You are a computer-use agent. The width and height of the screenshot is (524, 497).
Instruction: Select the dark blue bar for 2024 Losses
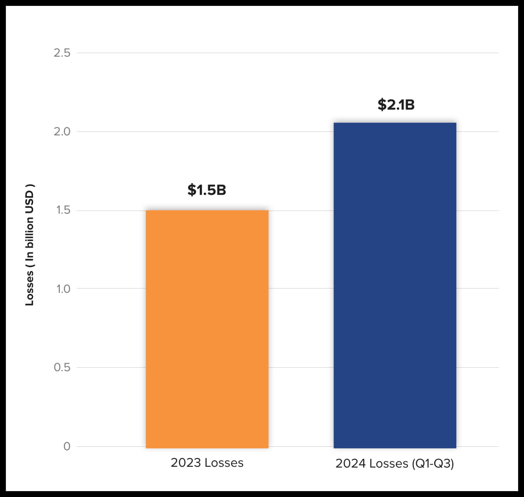tap(395, 285)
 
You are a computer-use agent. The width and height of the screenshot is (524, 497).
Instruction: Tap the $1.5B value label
tap(207, 190)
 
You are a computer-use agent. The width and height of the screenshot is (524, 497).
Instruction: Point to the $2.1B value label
tap(396, 104)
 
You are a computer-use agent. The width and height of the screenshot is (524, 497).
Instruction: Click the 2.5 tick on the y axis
tap(62, 53)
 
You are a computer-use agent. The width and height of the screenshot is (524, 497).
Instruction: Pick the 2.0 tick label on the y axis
tap(62, 131)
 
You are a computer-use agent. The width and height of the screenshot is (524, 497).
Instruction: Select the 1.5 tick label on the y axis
tap(62, 210)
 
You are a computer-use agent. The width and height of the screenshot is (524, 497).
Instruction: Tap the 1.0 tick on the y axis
tap(62, 289)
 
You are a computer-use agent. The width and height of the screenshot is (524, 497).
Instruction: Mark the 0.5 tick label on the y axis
tap(62, 367)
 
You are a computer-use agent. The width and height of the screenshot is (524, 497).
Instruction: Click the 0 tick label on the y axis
tap(67, 446)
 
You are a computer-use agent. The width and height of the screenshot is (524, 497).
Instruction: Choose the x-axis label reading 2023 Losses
tap(207, 463)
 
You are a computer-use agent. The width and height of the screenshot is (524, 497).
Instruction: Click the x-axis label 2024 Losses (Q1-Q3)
tap(395, 464)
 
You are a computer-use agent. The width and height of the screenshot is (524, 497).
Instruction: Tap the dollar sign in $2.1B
tap(381, 104)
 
